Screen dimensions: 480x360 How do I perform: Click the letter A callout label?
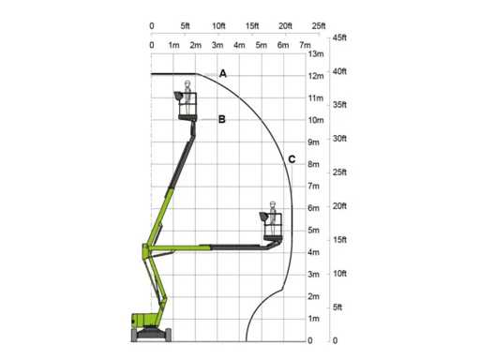pos(223,73)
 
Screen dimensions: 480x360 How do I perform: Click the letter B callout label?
pos(221,119)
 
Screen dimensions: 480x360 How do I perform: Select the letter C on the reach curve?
pos(292,159)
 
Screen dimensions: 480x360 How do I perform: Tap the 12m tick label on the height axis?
pos(316,76)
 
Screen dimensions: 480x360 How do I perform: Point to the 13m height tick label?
pos(316,53)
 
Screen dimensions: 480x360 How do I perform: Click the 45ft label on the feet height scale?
pos(339,37)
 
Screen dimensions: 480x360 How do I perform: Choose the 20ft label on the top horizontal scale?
pos(285,25)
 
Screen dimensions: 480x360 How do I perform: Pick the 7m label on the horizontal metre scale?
pos(305,45)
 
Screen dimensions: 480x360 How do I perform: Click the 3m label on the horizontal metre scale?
pos(217,45)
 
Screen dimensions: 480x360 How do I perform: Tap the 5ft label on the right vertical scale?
pos(337,307)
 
